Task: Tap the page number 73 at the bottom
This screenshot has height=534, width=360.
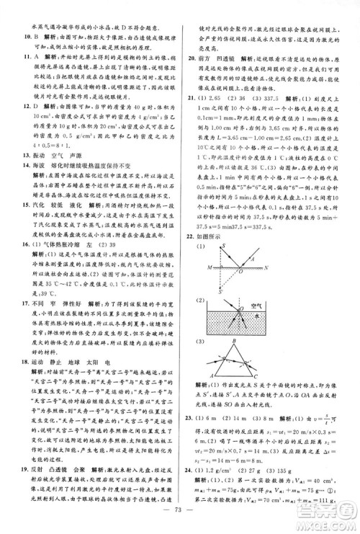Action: [x=180, y=521]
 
